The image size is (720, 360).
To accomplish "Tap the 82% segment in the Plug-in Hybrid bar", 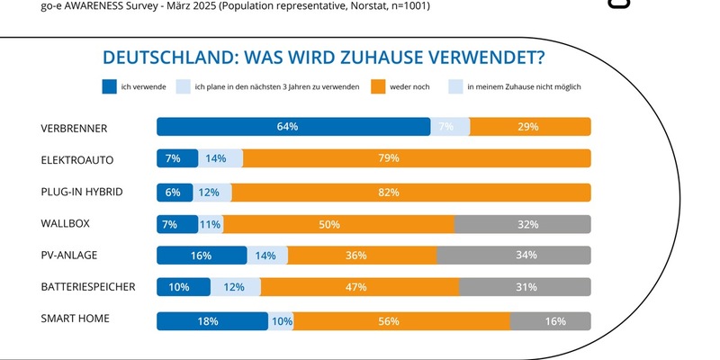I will pos(410,192).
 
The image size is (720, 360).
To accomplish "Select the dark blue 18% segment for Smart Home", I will pos(212,319).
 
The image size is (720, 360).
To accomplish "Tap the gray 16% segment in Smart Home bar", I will pos(551,319).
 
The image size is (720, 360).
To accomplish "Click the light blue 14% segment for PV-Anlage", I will pos(267,256).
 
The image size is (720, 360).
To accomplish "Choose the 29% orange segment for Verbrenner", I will pos(530,127).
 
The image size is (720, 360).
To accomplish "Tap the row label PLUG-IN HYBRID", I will pos(82,191).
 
